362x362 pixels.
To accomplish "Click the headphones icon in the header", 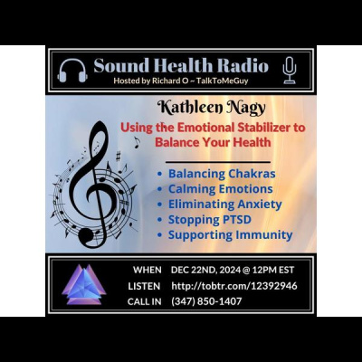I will point(72,69).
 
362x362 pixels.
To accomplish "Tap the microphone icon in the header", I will point(289,69).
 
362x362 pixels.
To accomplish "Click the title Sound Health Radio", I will point(181,65).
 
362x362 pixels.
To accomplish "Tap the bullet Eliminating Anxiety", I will point(225,204).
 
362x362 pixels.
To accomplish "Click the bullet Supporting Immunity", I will point(230,234).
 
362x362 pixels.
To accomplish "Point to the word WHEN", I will point(147,270).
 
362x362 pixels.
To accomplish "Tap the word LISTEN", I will point(147,285).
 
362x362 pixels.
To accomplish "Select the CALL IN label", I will point(148,300).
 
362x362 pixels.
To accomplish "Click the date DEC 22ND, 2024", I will point(212,270).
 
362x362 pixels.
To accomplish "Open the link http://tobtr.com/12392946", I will point(234,285).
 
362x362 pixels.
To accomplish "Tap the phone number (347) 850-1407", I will point(206,300).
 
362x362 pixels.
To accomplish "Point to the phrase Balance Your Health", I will point(214,142).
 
